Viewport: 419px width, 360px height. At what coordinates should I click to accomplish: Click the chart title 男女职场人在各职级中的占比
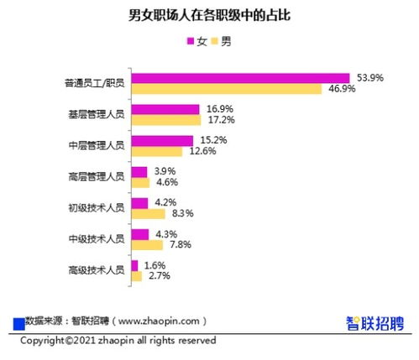[209, 15]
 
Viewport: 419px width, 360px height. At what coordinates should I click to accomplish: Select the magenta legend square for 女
[191, 41]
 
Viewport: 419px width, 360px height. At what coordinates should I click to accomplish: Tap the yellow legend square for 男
[214, 41]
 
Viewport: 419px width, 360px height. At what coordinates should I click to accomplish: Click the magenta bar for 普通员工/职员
[241, 78]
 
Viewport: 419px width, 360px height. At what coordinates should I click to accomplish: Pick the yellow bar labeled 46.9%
[227, 89]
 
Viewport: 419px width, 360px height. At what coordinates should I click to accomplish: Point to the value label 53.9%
[370, 78]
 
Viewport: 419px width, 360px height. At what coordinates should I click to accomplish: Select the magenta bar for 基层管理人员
[165, 109]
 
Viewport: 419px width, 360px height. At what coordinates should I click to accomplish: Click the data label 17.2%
[222, 120]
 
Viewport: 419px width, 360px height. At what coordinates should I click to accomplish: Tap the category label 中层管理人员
[97, 145]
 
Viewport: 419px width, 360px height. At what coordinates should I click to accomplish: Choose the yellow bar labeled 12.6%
[157, 152]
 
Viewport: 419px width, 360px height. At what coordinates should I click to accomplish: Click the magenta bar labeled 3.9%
[139, 172]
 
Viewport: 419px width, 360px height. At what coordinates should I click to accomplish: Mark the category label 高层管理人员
[97, 176]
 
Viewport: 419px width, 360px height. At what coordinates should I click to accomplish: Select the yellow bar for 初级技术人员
[149, 214]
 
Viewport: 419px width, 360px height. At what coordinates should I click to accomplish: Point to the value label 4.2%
[165, 202]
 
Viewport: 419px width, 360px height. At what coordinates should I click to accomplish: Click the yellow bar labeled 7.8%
[147, 245]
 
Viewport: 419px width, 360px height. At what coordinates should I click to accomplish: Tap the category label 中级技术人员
[97, 239]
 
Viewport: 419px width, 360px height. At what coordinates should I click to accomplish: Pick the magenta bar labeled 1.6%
[135, 265]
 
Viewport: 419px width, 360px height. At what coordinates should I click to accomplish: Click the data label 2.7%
[160, 276]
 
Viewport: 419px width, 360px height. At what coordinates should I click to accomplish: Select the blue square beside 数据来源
[19, 324]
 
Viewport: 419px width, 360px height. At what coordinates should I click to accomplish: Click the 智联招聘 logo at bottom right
[375, 324]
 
